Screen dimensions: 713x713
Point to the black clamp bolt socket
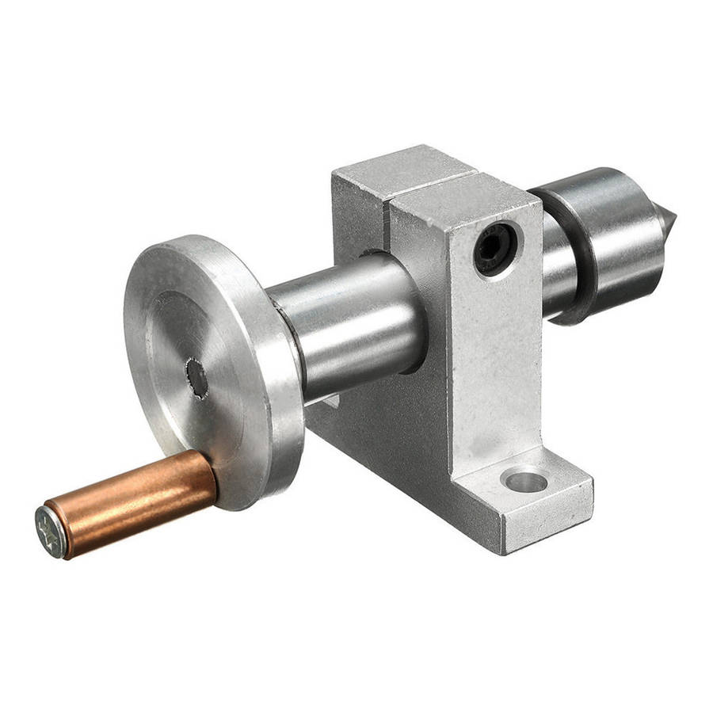[495, 248]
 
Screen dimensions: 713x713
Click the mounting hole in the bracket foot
[525, 479]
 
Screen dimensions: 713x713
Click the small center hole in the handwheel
[196, 378]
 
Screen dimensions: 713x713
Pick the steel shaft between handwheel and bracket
[349, 325]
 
